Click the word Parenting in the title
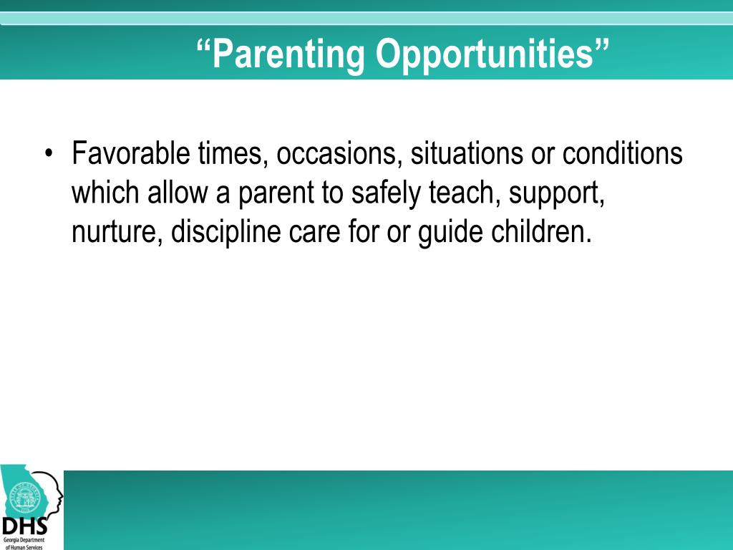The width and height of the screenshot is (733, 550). (x=288, y=54)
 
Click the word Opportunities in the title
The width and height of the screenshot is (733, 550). (x=485, y=54)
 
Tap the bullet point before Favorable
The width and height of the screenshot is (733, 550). (x=49, y=153)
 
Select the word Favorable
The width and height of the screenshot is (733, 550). (x=131, y=153)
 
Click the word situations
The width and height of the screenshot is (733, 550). (x=467, y=153)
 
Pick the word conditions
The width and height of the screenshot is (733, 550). (x=622, y=153)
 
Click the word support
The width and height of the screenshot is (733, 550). (x=557, y=193)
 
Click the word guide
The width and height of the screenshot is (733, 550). (x=450, y=231)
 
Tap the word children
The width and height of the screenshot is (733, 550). (x=541, y=231)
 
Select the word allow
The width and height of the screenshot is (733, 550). (x=178, y=192)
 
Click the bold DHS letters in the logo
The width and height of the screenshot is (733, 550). (x=24, y=526)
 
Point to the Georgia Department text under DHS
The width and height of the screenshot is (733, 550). (x=24, y=540)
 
